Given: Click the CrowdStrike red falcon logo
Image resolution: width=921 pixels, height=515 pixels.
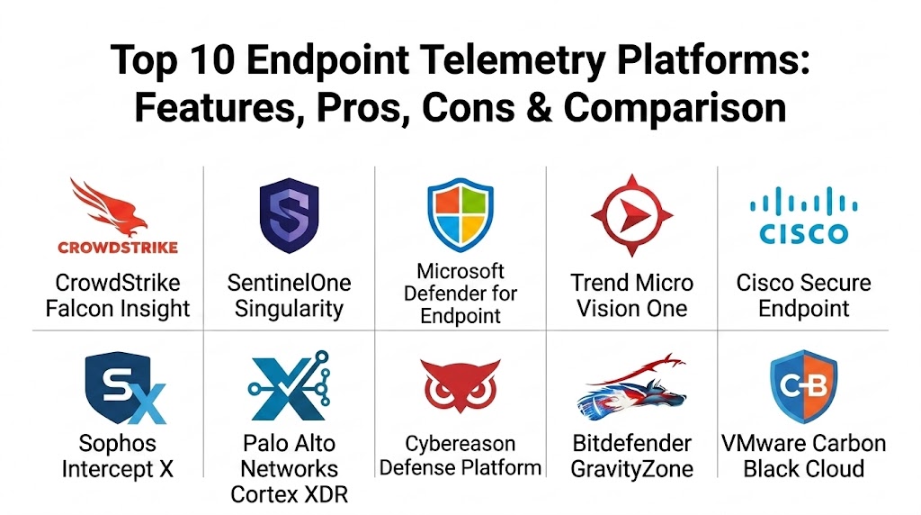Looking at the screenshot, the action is (x=112, y=206).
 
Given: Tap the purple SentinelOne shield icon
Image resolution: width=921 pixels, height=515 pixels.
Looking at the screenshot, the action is (x=289, y=215).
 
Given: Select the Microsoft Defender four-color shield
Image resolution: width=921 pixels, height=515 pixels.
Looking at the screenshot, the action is (x=460, y=214).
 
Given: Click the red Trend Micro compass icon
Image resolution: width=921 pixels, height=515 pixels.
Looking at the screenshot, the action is (x=632, y=215).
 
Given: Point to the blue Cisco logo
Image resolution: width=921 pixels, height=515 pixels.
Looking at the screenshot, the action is (x=803, y=215).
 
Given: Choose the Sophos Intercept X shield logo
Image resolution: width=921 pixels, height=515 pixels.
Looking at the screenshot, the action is (x=125, y=388).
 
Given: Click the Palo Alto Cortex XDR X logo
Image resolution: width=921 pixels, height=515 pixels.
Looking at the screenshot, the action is (x=289, y=386).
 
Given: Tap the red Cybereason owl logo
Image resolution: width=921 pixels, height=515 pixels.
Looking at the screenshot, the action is (x=460, y=385).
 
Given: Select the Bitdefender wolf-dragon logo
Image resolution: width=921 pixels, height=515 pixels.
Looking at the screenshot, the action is (x=632, y=387).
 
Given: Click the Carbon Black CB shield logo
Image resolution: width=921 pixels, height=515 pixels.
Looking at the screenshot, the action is (x=803, y=386).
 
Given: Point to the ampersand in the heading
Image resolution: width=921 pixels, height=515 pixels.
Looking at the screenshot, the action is (x=539, y=107).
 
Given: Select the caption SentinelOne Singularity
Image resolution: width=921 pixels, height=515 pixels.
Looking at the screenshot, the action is (x=289, y=295).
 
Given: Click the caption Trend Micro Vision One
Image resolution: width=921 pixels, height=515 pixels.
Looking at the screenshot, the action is (x=632, y=295).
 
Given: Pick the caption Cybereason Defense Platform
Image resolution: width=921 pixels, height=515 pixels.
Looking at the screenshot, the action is (x=460, y=456).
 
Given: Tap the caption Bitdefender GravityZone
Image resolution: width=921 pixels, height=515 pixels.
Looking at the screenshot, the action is (x=632, y=456).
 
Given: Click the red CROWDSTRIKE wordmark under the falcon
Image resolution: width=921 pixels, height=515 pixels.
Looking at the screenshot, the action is (x=118, y=247).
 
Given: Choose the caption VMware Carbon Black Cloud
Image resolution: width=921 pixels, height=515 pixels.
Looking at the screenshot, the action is (x=803, y=456).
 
